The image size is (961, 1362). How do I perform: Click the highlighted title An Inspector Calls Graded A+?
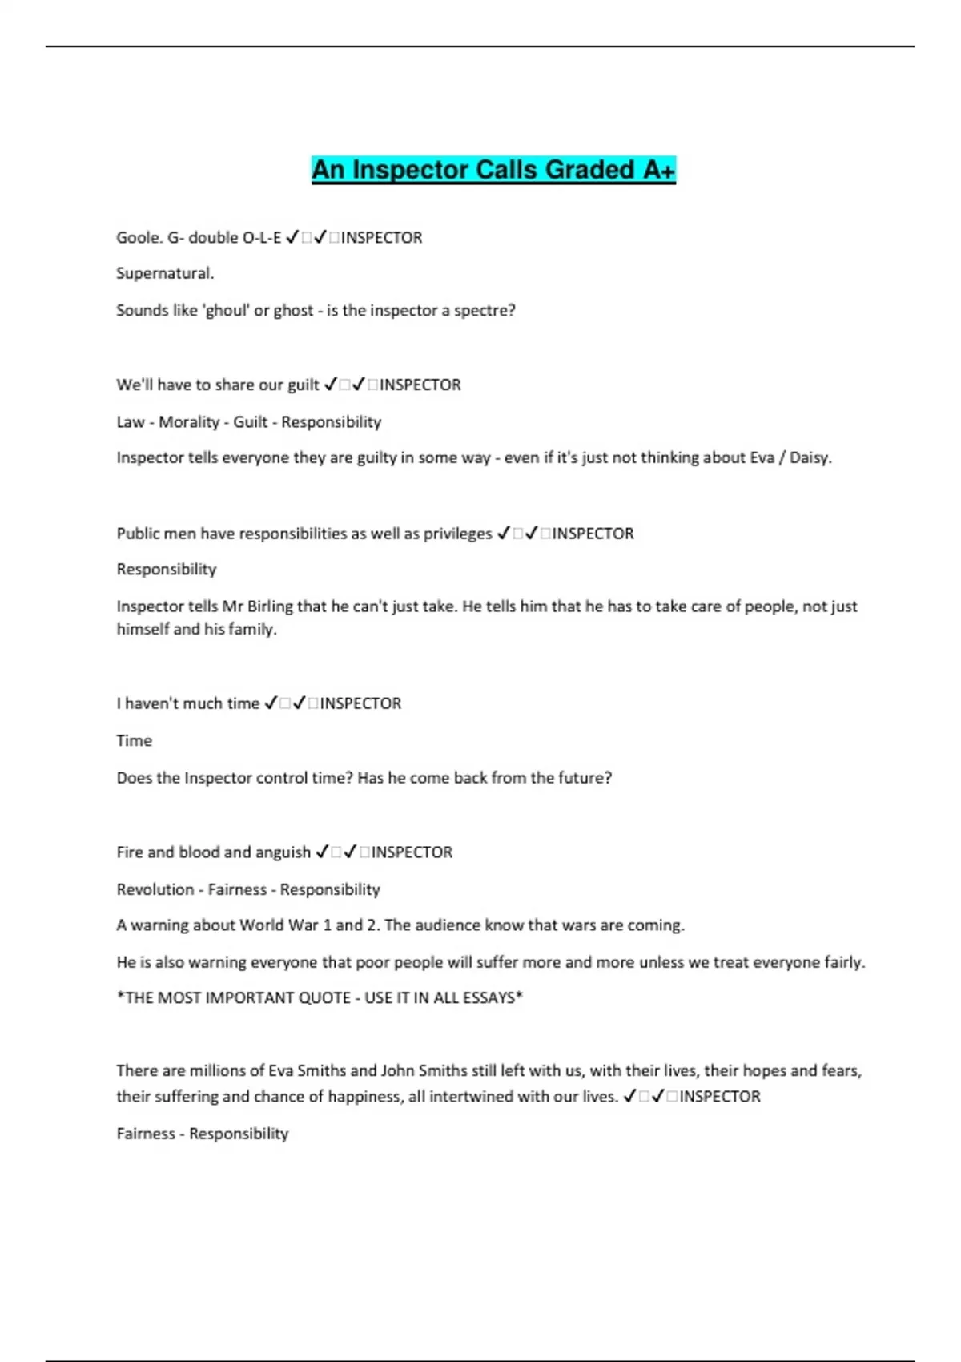pyautogui.click(x=493, y=170)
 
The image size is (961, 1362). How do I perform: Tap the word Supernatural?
pyautogui.click(x=164, y=273)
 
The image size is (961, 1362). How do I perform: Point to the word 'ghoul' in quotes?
pyautogui.click(x=227, y=311)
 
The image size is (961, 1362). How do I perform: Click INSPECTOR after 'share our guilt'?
pyautogui.click(x=420, y=385)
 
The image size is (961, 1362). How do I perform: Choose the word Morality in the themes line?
pyautogui.click(x=189, y=422)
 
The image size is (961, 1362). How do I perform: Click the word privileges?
pyautogui.click(x=454, y=534)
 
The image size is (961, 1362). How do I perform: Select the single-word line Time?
pyautogui.click(x=134, y=741)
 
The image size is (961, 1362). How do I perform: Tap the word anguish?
pyautogui.click(x=283, y=852)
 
